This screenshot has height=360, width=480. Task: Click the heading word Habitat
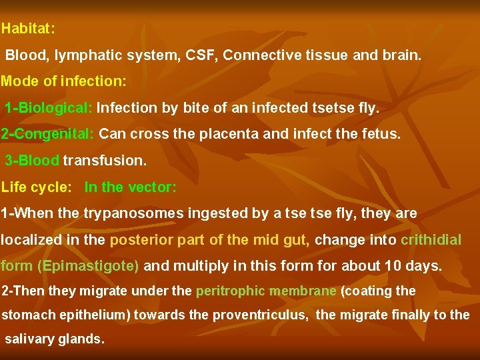click(x=27, y=29)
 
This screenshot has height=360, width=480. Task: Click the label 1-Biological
click(x=49, y=108)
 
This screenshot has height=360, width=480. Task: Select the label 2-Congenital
click(x=48, y=134)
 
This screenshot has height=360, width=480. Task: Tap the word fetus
click(x=379, y=134)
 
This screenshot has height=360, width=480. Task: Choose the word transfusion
click(x=104, y=161)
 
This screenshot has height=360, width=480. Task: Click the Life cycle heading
click(x=36, y=187)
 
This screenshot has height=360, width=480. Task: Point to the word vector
click(x=154, y=187)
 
